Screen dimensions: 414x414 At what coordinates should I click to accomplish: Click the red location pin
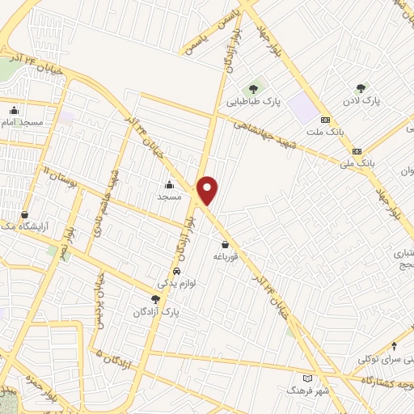coord(208,189)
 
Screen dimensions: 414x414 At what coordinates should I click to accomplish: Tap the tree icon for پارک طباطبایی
coord(253,88)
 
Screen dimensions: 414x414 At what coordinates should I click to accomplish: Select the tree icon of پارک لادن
coord(361,88)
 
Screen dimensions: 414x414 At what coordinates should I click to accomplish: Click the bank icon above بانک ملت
coord(325,119)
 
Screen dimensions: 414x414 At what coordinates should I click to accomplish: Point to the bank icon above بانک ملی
coord(356,151)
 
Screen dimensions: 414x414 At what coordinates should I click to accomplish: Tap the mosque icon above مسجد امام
coord(14,111)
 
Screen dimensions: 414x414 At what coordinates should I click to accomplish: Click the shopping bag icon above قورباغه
coord(224,244)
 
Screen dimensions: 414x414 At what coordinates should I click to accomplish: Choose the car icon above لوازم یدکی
coord(176,272)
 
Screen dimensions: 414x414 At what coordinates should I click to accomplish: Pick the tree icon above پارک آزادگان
coord(167,298)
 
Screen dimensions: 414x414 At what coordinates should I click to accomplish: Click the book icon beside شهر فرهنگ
coord(306,378)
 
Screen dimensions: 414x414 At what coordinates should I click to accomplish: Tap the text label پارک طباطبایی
coord(252,103)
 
